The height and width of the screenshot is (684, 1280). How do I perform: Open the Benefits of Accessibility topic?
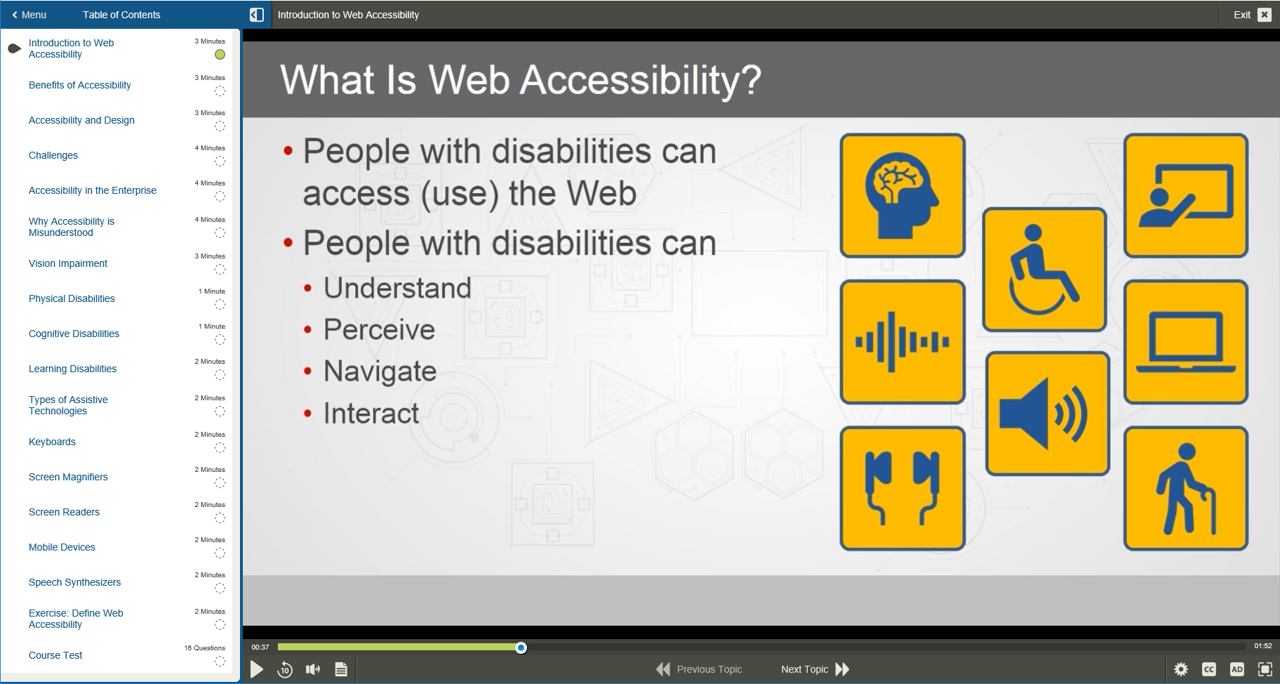pyautogui.click(x=80, y=85)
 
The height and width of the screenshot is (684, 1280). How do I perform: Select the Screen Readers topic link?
pyautogui.click(x=64, y=512)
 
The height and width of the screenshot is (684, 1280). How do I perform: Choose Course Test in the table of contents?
pyautogui.click(x=55, y=655)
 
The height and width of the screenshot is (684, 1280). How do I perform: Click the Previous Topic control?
pyautogui.click(x=699, y=669)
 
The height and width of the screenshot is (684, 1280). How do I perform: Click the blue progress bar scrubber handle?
pyautogui.click(x=521, y=647)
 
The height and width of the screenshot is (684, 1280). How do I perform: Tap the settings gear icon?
pyautogui.click(x=1181, y=669)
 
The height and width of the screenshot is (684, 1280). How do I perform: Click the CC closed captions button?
pyautogui.click(x=1208, y=669)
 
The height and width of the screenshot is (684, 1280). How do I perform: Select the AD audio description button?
pyautogui.click(x=1236, y=669)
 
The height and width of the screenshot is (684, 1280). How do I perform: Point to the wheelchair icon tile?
pyautogui.click(x=1044, y=270)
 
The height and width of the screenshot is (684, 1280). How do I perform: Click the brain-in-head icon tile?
pyautogui.click(x=902, y=195)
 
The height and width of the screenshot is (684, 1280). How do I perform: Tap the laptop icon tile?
pyautogui.click(x=1185, y=342)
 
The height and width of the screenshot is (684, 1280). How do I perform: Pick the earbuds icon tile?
pyautogui.click(x=902, y=488)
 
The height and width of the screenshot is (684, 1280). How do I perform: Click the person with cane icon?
pyautogui.click(x=1185, y=488)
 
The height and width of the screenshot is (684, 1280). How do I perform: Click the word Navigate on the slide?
pyautogui.click(x=380, y=371)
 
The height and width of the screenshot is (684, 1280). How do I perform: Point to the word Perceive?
pyautogui.click(x=379, y=329)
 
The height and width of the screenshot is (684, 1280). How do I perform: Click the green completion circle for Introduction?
pyautogui.click(x=220, y=55)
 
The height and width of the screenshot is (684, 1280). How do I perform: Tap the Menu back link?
pyautogui.click(x=29, y=15)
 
